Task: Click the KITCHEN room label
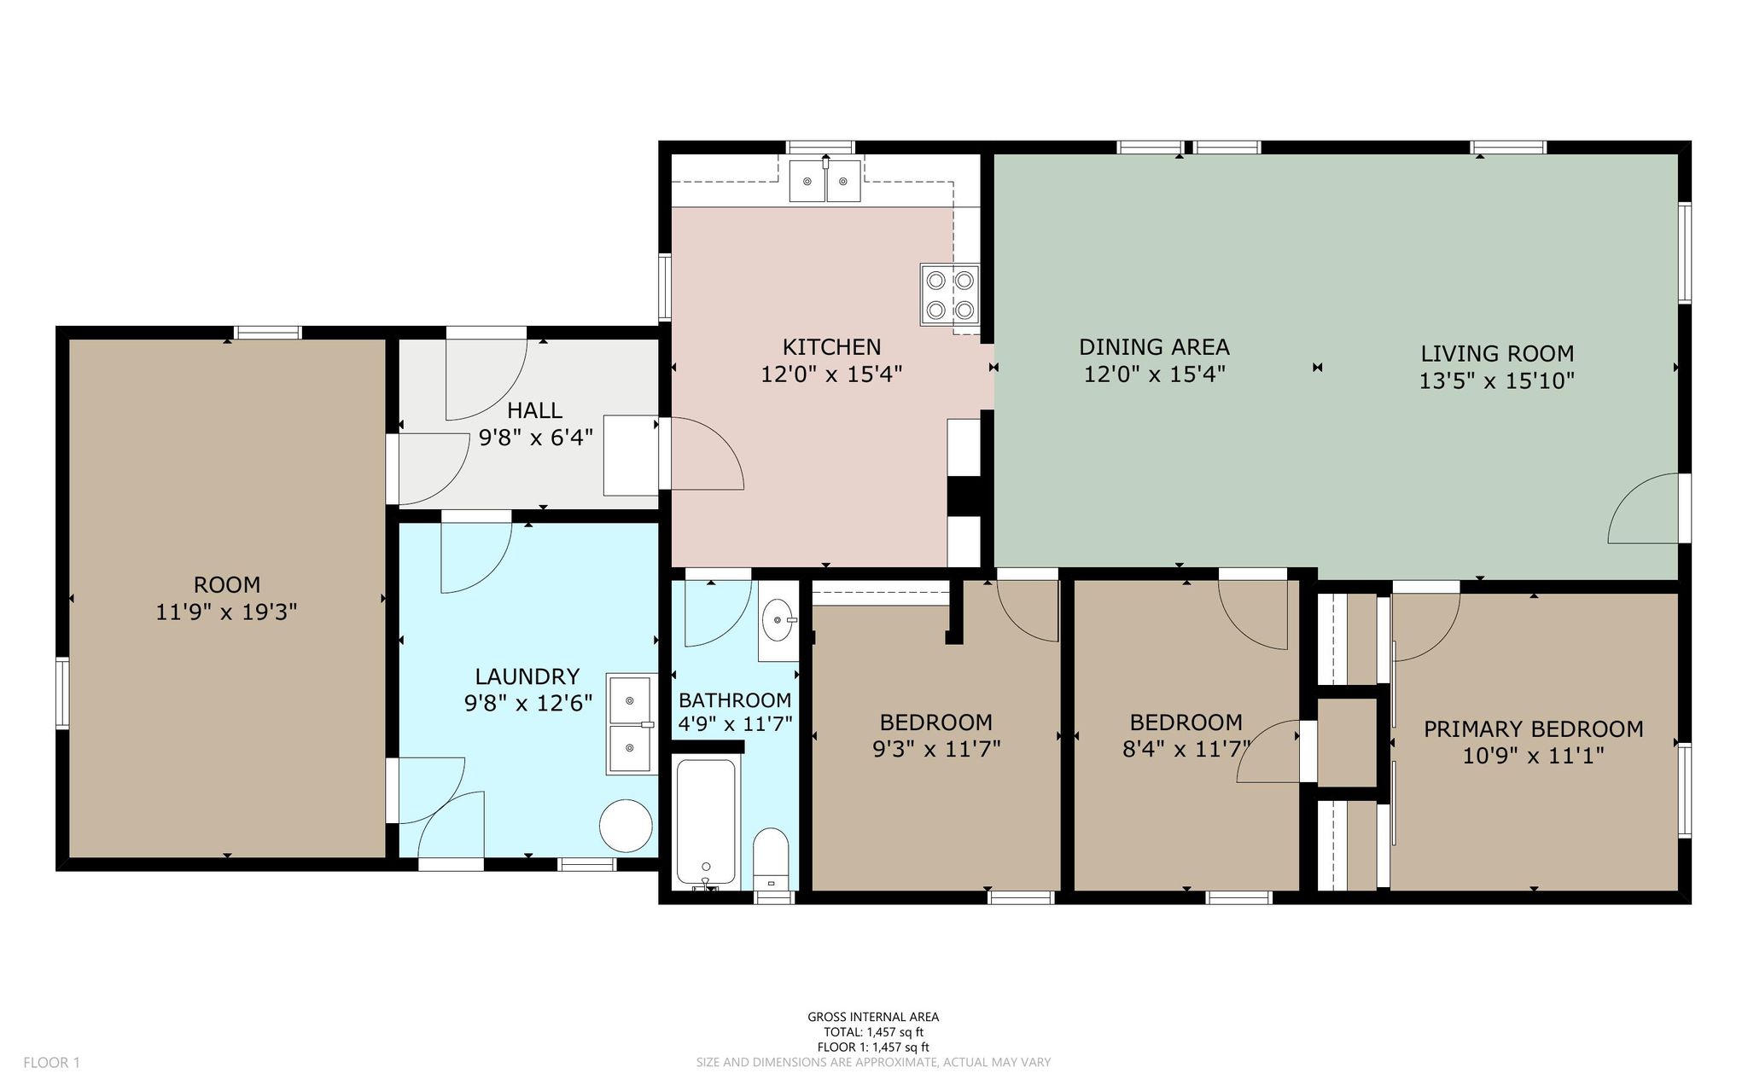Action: (831, 347)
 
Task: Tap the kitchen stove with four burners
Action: (950, 295)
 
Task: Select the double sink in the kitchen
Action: (824, 181)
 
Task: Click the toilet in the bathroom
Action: (771, 858)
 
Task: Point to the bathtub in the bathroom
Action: (706, 823)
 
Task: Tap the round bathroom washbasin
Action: (778, 619)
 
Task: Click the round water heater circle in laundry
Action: (626, 826)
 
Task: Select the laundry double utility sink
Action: (632, 724)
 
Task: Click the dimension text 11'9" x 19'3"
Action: (226, 612)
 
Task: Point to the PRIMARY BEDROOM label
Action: (1533, 729)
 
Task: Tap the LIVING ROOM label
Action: (1497, 353)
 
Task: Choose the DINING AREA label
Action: (1154, 347)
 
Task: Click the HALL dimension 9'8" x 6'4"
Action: (535, 438)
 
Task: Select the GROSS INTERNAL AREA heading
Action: (873, 1017)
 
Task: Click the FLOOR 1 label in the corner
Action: (51, 1063)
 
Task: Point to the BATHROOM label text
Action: (735, 700)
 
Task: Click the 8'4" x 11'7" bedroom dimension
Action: (1186, 749)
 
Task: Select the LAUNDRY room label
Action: (527, 676)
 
